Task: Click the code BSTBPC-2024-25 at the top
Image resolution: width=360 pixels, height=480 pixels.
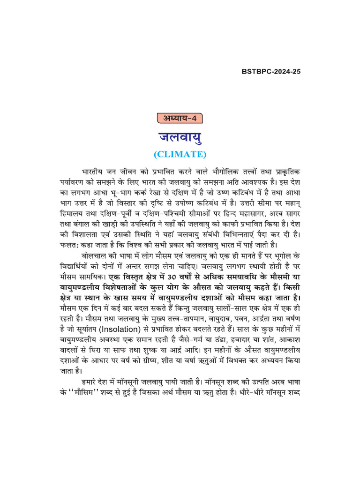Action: point(271,72)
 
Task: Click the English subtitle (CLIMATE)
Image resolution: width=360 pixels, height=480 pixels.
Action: point(180,154)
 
